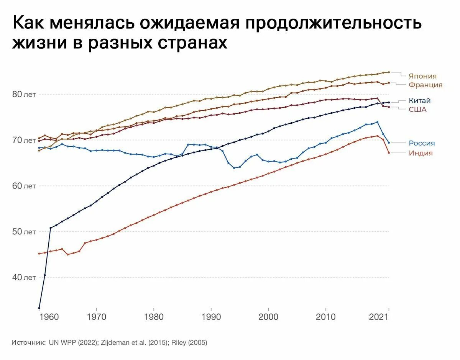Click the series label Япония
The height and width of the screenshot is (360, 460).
[422, 76]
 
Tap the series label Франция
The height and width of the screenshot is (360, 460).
[426, 85]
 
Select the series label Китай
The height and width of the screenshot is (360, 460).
[419, 101]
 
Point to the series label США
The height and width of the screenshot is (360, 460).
[417, 110]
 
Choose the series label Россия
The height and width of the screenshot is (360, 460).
[422, 143]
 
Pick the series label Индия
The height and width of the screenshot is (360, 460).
[421, 153]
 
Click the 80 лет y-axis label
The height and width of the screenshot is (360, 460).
[25, 94]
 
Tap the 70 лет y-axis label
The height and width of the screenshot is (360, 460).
[25, 140]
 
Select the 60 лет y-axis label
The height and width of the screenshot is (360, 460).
[25, 186]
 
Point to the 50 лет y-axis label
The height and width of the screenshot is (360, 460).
[25, 232]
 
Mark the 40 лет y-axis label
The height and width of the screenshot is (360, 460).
[25, 277]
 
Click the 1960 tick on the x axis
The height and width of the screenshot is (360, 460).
[49, 317]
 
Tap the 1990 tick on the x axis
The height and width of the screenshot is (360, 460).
[211, 317]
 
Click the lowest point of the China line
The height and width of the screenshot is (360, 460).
[39, 308]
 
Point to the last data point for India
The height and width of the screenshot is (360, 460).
[389, 153]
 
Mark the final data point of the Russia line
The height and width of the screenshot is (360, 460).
[389, 143]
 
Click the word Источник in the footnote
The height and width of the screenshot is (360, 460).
[28, 343]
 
